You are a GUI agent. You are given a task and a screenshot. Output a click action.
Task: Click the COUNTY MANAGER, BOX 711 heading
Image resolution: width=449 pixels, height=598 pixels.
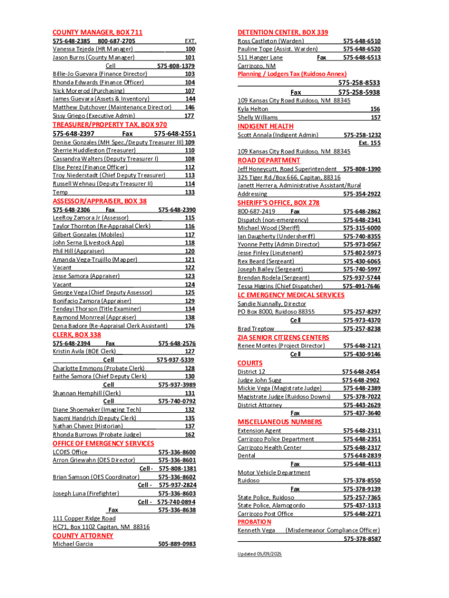[97, 32]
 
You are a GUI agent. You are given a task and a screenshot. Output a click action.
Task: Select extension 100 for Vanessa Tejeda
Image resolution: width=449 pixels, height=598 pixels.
[190, 50]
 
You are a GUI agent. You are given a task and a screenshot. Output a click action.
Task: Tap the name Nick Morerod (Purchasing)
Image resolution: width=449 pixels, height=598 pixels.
[88, 91]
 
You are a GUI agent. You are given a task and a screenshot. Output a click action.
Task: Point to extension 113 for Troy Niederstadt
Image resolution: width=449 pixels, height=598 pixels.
[190, 175]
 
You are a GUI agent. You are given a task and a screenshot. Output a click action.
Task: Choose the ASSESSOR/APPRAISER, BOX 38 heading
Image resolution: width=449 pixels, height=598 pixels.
[99, 201]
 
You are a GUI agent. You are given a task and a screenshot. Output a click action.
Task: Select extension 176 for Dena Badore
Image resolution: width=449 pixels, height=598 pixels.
[190, 326]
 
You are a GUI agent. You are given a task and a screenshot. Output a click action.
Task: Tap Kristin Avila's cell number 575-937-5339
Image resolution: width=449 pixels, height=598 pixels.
[176, 360]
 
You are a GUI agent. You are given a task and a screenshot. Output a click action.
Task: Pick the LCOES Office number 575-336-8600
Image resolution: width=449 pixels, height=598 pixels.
[177, 452]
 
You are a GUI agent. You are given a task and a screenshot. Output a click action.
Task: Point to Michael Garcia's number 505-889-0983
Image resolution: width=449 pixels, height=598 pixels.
[177, 544]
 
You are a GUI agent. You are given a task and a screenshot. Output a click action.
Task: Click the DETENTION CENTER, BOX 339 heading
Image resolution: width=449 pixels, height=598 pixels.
[282, 32]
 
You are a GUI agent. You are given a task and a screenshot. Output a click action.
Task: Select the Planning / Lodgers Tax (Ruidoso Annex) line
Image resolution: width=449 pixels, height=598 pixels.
[292, 74]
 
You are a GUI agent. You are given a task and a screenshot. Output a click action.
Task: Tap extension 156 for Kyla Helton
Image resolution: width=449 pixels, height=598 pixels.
[375, 109]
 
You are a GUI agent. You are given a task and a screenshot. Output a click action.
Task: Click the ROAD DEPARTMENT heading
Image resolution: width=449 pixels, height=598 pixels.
[269, 161]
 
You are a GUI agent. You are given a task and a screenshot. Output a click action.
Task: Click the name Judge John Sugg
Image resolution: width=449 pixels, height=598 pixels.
[259, 380]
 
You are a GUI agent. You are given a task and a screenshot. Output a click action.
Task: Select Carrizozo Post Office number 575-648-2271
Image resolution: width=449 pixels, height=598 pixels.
[362, 514]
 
